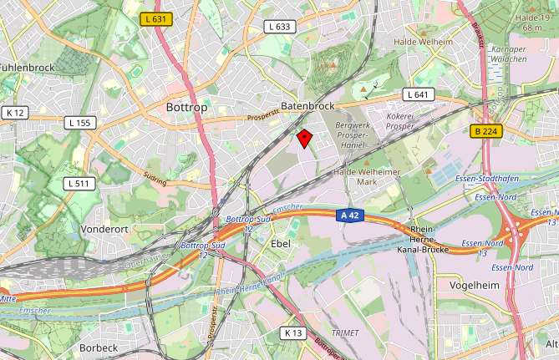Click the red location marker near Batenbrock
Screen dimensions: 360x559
(305, 138)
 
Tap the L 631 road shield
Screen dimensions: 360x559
(156, 19)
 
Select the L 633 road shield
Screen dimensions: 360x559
(281, 27)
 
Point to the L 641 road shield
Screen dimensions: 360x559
(418, 94)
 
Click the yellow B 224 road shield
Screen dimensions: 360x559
(485, 131)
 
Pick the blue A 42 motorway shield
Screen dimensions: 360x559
(352, 215)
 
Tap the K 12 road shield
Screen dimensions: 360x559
(15, 112)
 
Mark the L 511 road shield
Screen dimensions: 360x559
(79, 183)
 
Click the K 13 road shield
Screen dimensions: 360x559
(292, 332)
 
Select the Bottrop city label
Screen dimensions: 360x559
(186, 108)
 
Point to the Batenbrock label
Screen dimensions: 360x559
(307, 106)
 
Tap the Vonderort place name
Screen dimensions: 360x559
(104, 228)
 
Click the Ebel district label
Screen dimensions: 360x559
(281, 243)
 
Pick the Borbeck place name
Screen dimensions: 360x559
(99, 347)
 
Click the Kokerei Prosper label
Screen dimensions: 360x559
(400, 121)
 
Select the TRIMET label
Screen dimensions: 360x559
(345, 332)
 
